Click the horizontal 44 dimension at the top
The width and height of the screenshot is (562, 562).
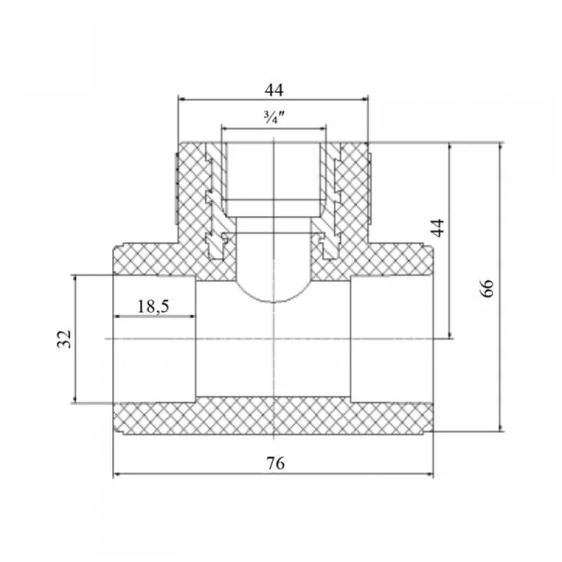pos(274,90)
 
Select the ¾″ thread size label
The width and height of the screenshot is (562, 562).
pos(274,117)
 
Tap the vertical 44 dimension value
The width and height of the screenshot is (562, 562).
pos(438,228)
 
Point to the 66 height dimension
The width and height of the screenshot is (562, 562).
pos(487,288)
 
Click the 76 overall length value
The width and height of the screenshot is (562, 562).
pos(275,463)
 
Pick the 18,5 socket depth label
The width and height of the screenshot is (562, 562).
pos(153,306)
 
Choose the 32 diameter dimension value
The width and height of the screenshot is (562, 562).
pos(65,339)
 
